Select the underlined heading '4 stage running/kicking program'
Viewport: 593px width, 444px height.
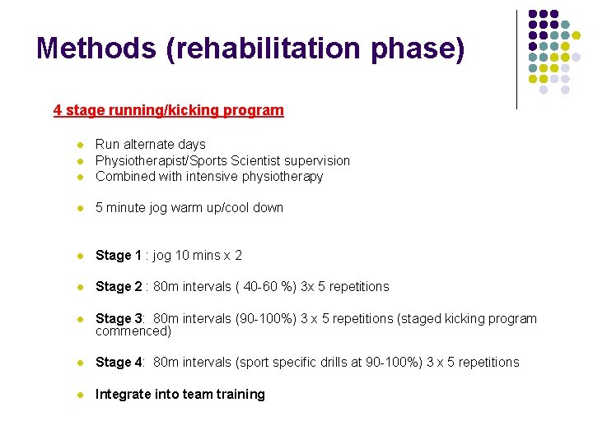coord(168,110)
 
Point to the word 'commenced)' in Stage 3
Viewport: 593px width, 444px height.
coord(133,331)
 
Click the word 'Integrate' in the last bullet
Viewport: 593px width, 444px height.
coord(123,395)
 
